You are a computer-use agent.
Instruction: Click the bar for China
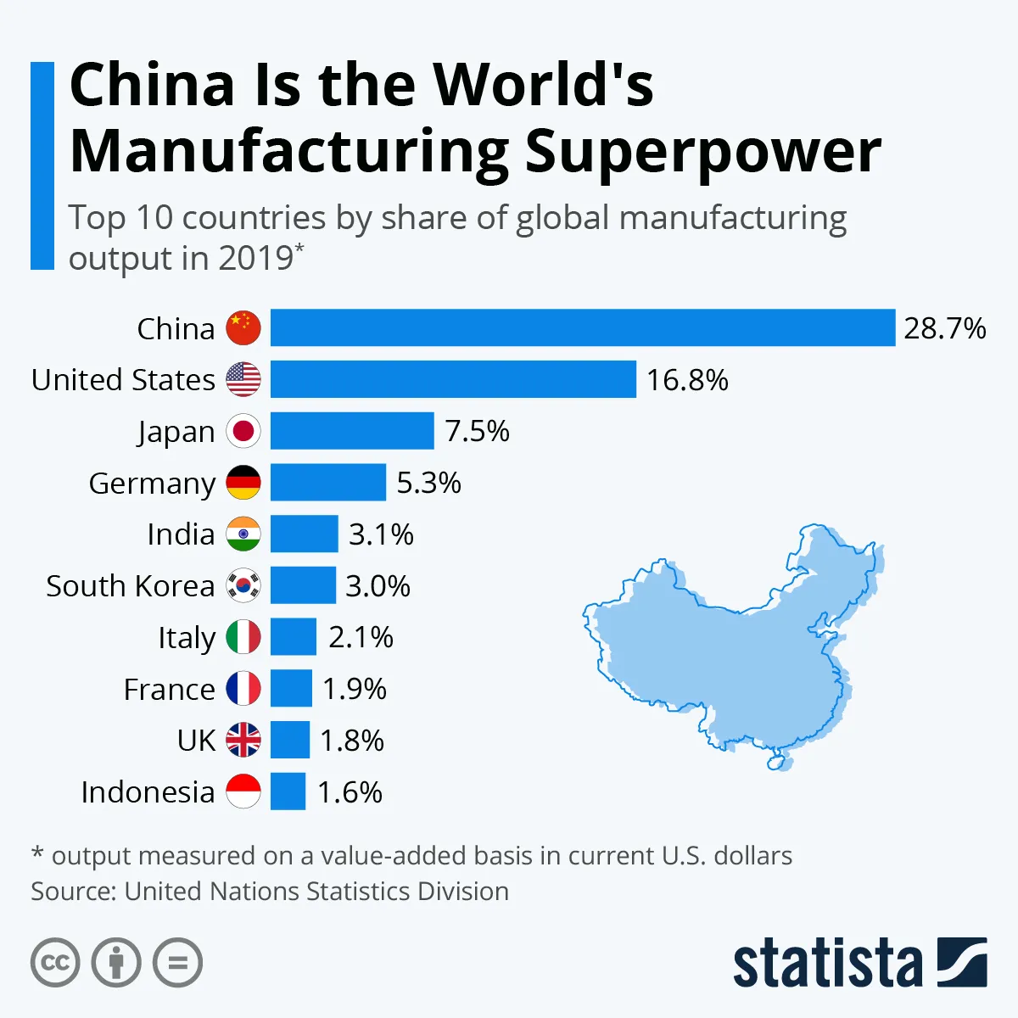click(x=582, y=328)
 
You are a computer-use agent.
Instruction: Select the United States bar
click(x=453, y=379)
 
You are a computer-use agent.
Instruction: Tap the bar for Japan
click(x=352, y=431)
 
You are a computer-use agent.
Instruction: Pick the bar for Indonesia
click(x=288, y=791)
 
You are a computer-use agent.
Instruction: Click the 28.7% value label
click(x=944, y=328)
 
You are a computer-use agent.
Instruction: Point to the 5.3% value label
click(x=428, y=483)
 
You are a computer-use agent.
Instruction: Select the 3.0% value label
click(x=378, y=586)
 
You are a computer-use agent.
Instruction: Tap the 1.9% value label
click(x=354, y=689)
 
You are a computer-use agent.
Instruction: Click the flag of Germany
click(x=243, y=483)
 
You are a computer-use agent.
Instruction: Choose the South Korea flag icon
click(x=243, y=586)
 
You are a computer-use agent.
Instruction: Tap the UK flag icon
click(x=243, y=741)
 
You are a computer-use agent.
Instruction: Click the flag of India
click(x=243, y=534)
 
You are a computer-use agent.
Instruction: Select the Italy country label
click(x=187, y=638)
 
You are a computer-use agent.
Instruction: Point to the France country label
click(x=169, y=689)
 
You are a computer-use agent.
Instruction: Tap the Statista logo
click(x=859, y=963)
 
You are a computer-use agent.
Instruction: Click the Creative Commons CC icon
click(x=55, y=963)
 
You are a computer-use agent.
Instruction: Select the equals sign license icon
click(x=178, y=963)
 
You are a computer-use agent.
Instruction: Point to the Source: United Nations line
click(x=270, y=892)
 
